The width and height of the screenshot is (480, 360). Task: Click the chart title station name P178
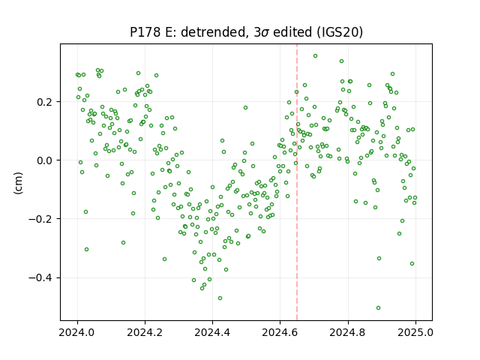(145, 32)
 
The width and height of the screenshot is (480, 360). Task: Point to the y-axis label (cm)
(18, 183)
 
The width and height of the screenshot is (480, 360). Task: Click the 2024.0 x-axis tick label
(77, 332)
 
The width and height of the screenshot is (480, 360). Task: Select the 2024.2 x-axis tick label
(145, 332)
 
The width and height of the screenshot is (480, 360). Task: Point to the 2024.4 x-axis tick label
(212, 332)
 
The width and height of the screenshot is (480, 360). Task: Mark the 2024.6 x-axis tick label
(280, 332)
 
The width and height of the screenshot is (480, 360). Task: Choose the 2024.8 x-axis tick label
(348, 332)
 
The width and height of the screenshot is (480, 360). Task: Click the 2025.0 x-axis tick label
(415, 332)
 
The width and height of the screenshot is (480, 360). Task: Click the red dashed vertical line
(297, 182)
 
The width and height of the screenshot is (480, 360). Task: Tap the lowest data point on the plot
(378, 308)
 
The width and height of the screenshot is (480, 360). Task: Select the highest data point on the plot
(315, 56)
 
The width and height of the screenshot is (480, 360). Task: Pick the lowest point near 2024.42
(220, 298)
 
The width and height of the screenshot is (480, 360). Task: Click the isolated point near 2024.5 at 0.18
(245, 108)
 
